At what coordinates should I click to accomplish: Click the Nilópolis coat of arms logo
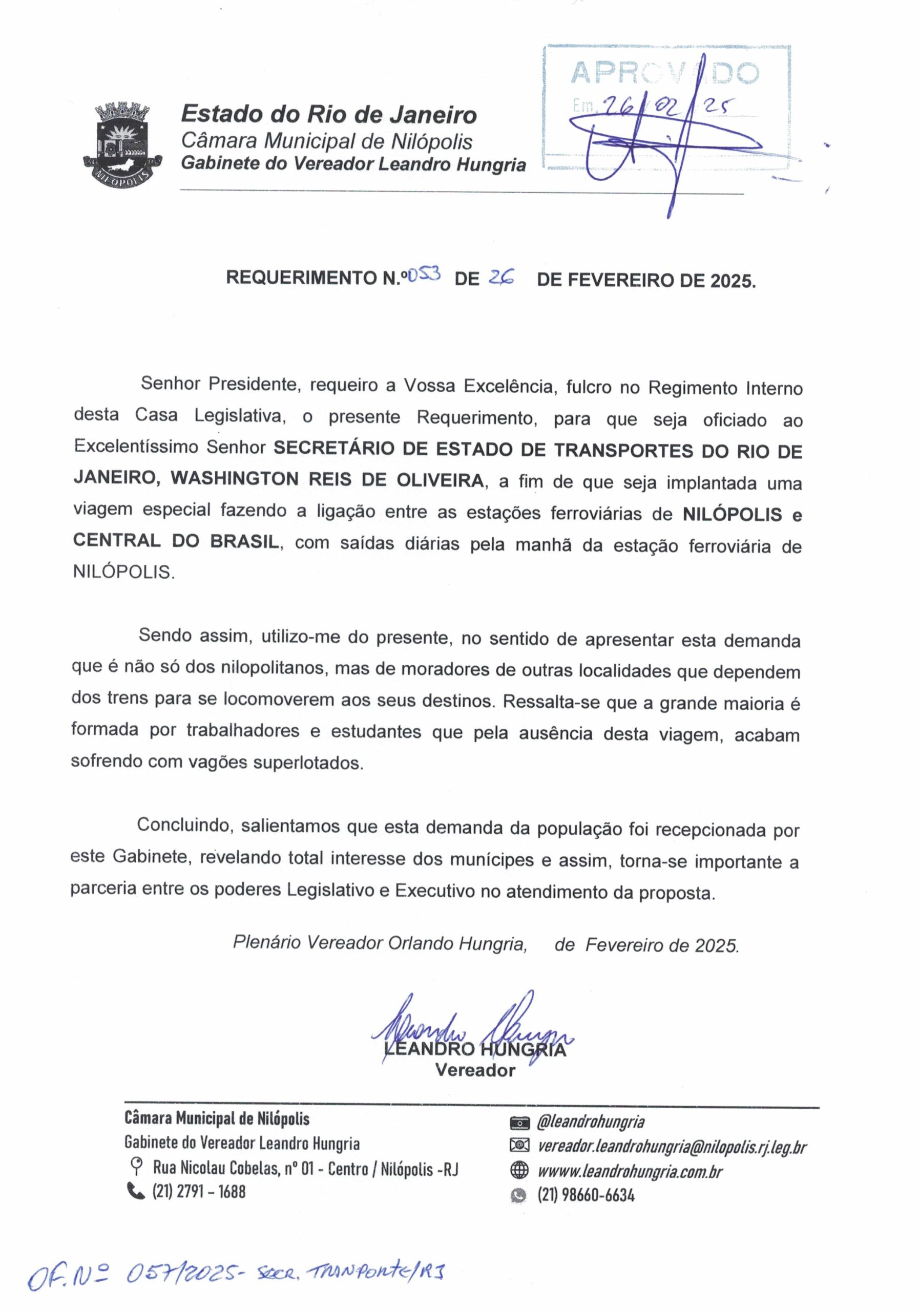coord(121,142)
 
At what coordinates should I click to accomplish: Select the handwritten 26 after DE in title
coord(501,278)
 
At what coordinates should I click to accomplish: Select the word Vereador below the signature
coord(475,1070)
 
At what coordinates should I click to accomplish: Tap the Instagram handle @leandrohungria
coord(591,1122)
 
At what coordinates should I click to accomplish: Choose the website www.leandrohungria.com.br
coord(630,1171)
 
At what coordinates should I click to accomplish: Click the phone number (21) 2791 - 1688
coord(199,1192)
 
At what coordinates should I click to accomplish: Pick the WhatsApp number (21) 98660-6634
coord(586,1195)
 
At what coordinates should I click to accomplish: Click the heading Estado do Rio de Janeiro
coord(328,115)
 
